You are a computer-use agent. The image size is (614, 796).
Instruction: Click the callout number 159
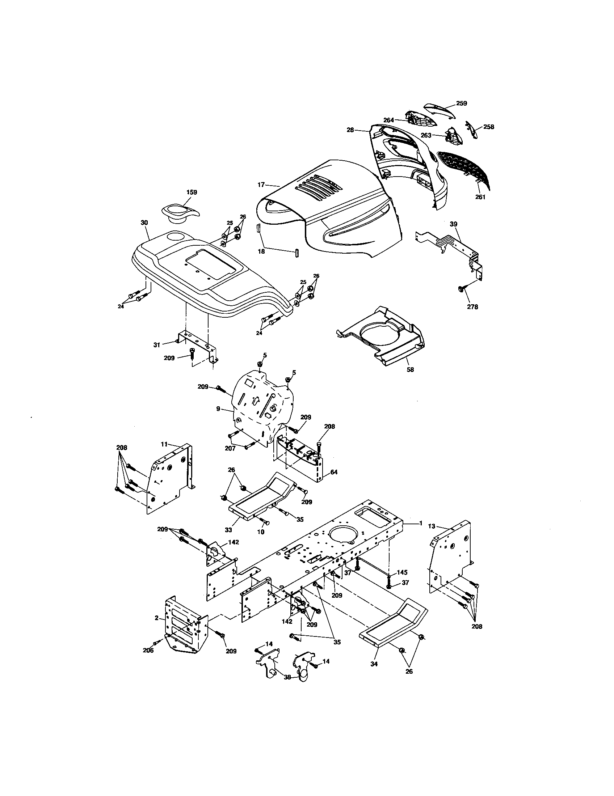[192, 192]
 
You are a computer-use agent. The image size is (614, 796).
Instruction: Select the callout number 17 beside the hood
[261, 185]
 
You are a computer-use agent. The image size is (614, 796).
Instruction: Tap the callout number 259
[462, 103]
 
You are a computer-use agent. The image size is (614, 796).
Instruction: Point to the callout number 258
[489, 127]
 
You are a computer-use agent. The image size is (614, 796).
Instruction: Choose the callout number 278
[472, 307]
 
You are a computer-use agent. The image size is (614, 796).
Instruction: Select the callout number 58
[411, 369]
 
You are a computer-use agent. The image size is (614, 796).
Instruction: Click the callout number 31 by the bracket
[157, 344]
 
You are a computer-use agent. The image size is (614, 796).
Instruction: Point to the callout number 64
[334, 472]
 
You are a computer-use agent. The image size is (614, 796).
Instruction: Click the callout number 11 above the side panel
[164, 444]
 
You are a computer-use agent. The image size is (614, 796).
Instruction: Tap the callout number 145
[402, 572]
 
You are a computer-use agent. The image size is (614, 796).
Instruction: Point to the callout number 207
[230, 448]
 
